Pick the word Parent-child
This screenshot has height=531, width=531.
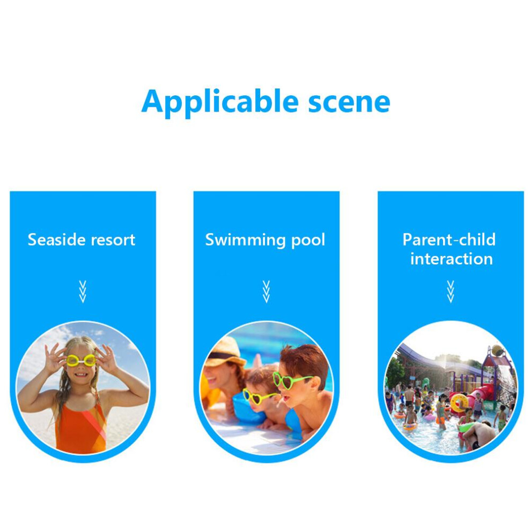click(449, 240)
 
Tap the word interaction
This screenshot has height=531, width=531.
click(452, 259)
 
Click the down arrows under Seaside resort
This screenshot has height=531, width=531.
click(83, 292)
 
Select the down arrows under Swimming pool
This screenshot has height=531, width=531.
click(266, 292)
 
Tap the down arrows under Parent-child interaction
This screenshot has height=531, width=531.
click(451, 292)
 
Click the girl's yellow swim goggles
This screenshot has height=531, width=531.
click(81, 360)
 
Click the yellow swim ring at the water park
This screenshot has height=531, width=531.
click(459, 403)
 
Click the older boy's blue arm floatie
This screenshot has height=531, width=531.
click(294, 423)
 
